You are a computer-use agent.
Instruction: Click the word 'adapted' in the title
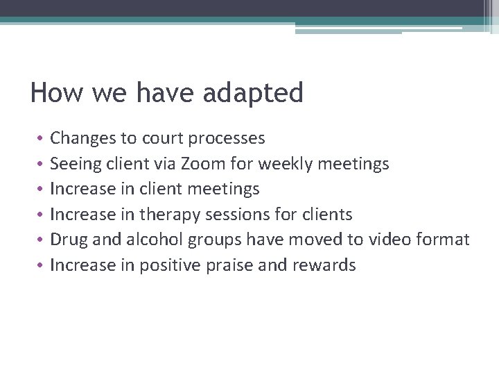253,93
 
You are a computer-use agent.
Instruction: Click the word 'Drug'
68,240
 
